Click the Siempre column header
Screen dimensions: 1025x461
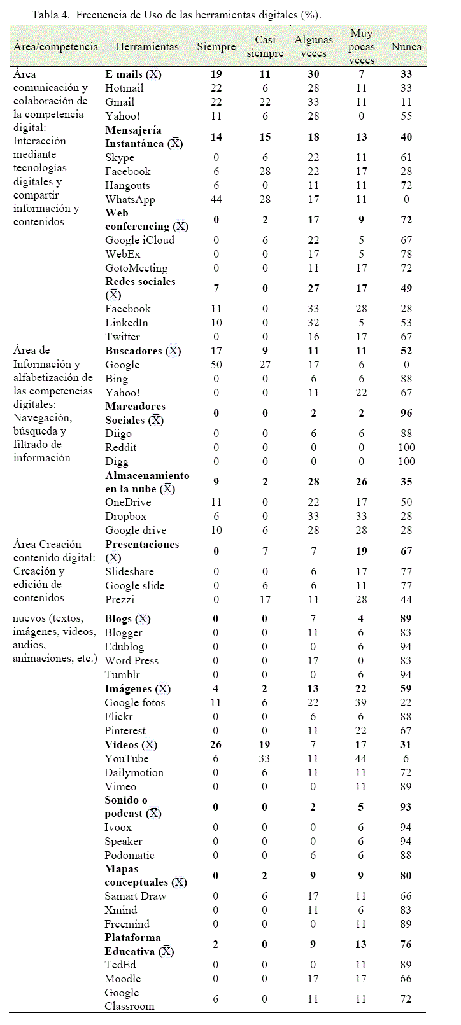click(x=216, y=46)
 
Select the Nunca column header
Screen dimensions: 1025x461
click(x=406, y=46)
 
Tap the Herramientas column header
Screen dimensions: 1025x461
click(x=147, y=46)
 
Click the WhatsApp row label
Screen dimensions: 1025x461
click(x=130, y=199)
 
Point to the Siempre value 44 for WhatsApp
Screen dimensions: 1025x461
click(x=216, y=199)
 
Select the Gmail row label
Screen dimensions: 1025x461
click(x=120, y=102)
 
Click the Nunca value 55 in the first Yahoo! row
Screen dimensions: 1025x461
click(x=406, y=116)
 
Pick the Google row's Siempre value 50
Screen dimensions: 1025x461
click(x=216, y=365)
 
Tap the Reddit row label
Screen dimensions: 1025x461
click(x=121, y=447)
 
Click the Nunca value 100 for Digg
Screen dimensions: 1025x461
click(x=406, y=461)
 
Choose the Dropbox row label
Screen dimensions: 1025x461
click(x=125, y=516)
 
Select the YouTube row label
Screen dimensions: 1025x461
click(x=126, y=758)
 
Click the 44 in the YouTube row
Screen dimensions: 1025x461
click(x=361, y=758)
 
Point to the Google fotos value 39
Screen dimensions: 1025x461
click(x=361, y=702)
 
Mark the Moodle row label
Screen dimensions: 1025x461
click(x=122, y=979)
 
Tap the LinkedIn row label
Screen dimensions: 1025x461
click(x=127, y=323)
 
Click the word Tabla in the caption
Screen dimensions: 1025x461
click(x=45, y=15)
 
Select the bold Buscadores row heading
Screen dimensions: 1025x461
click(x=134, y=351)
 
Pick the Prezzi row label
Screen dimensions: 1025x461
click(x=120, y=599)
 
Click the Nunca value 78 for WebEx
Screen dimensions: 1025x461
click(x=406, y=254)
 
